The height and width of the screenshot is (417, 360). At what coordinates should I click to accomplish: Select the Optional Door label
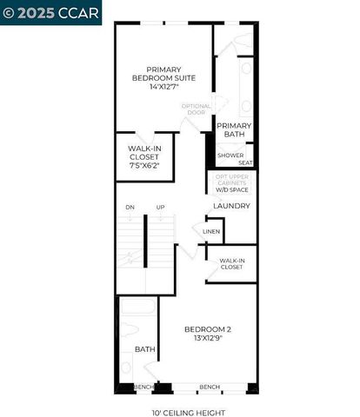pos(196,109)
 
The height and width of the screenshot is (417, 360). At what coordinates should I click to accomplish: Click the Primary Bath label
pos(234,130)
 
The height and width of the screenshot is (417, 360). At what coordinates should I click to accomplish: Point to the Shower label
pos(230,156)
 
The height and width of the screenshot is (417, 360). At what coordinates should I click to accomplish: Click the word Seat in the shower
pos(246,162)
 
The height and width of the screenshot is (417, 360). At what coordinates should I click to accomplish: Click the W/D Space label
pos(232,189)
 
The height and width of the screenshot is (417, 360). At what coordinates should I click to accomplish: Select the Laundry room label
pos(232,206)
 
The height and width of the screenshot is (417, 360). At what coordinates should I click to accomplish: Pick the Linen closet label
pos(211,232)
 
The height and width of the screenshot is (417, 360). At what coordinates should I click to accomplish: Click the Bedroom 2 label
pos(207,328)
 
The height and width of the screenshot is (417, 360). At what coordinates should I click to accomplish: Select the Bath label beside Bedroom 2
pos(144,349)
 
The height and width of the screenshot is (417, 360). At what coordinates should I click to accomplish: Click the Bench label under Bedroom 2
pos(210,387)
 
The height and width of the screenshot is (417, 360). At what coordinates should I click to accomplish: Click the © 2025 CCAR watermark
pos(51,12)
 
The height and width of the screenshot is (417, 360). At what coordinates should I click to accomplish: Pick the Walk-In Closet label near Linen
pos(231,263)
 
